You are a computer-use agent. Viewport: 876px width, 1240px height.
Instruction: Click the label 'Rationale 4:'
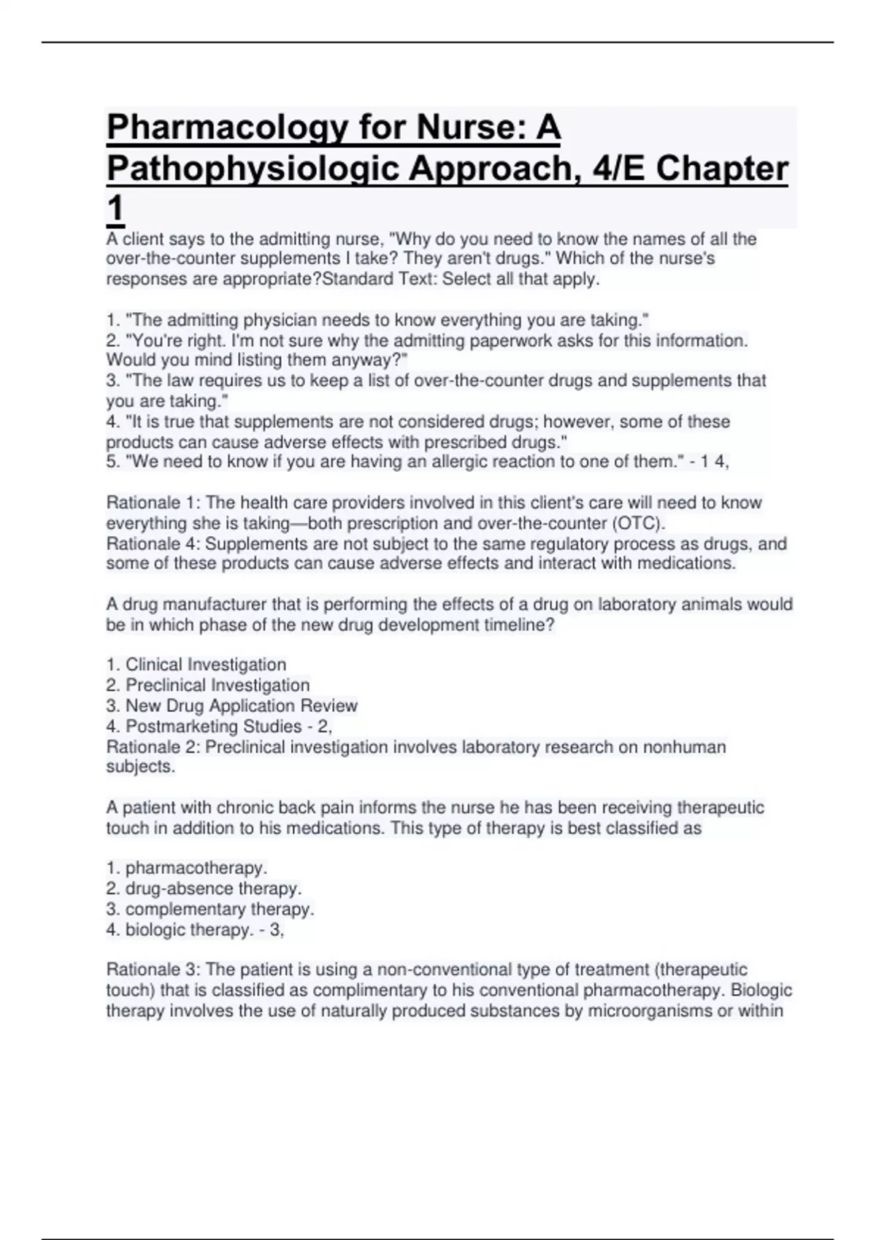tap(153, 543)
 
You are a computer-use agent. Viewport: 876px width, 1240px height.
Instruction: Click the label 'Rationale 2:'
tap(153, 747)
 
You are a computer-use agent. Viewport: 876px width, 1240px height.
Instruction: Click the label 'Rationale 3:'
tap(153, 969)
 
